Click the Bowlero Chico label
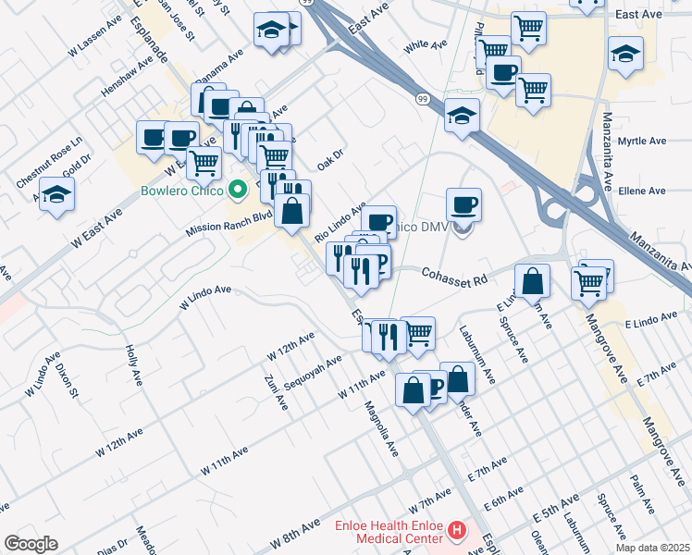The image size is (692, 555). tap(185, 193)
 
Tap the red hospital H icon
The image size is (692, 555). tap(456, 531)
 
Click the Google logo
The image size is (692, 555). tap(31, 544)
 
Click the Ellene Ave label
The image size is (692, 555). tap(642, 191)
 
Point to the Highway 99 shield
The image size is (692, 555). tap(423, 98)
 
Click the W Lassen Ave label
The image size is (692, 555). tap(95, 34)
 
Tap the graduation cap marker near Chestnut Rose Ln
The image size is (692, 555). tap(57, 194)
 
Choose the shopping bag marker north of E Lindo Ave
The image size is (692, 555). tap(533, 280)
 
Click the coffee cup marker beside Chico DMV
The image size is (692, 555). tap(463, 204)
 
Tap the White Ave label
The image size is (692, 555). tap(426, 44)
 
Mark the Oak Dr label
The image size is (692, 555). tap(330, 160)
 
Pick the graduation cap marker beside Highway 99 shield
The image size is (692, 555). tap(462, 117)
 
